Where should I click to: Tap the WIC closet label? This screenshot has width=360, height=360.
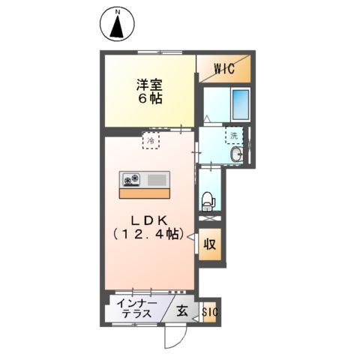pyautogui.click(x=224, y=68)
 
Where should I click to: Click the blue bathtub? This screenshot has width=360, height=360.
pyautogui.click(x=239, y=105)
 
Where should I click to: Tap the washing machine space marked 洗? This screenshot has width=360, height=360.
pyautogui.click(x=234, y=136)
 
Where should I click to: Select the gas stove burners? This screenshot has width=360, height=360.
pyautogui.click(x=132, y=180)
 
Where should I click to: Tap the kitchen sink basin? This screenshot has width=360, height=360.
pyautogui.click(x=158, y=180)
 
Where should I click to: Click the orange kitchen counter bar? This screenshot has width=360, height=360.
pyautogui.click(x=145, y=193)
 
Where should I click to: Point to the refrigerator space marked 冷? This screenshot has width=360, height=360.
pyautogui.click(x=151, y=140)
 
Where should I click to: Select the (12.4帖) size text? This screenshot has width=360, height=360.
pyautogui.click(x=149, y=235)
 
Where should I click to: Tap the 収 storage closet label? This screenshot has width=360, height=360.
pyautogui.click(x=211, y=244)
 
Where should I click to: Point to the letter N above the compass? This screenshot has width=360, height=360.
pyautogui.click(x=117, y=11)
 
